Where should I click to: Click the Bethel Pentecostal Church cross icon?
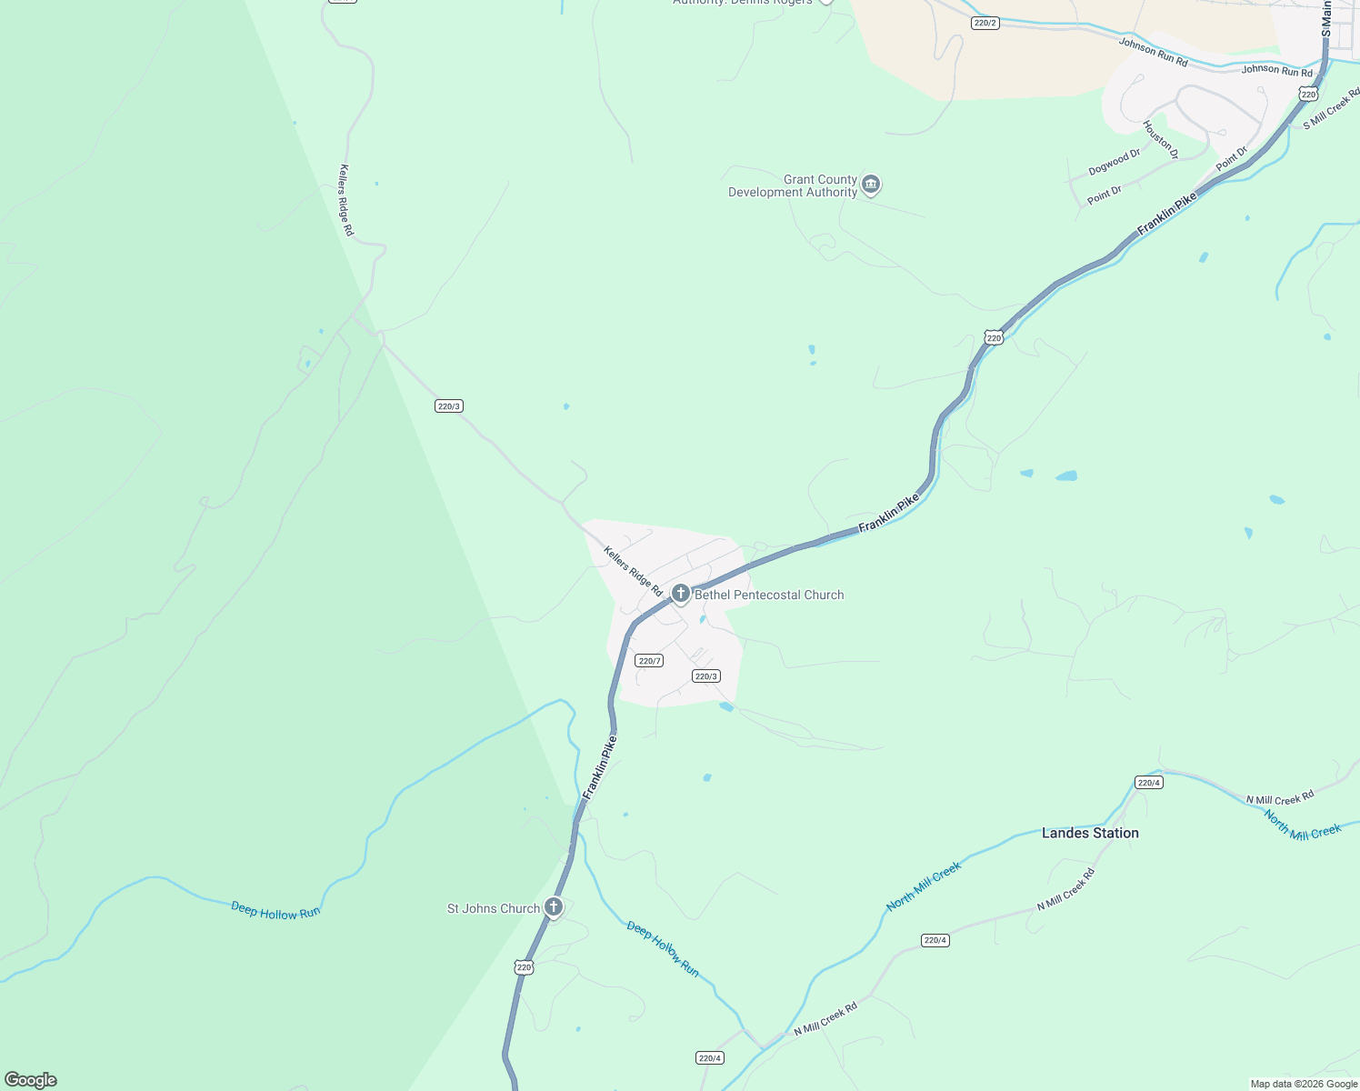(x=680, y=594)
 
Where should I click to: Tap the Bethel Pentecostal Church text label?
(x=769, y=595)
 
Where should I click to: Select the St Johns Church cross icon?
(x=553, y=906)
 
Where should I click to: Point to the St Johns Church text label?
(x=494, y=908)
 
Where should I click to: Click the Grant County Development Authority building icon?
(x=871, y=185)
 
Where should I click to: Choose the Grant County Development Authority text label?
(x=793, y=185)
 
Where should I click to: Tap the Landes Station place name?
(x=1090, y=833)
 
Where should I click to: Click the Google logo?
(x=31, y=1080)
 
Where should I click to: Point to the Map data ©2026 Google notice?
(x=1303, y=1084)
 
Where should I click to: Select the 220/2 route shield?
(x=985, y=23)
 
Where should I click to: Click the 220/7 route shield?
(x=649, y=661)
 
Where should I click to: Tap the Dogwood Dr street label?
(x=1114, y=163)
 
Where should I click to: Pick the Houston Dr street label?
(x=1160, y=140)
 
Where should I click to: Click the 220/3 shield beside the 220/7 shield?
(x=705, y=676)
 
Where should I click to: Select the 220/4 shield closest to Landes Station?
(x=1148, y=782)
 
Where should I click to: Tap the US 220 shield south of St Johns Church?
(x=524, y=967)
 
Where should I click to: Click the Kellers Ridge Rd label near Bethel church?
(x=633, y=571)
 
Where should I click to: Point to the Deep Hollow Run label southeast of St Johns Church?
(x=663, y=949)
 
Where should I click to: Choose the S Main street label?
(x=1326, y=18)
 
